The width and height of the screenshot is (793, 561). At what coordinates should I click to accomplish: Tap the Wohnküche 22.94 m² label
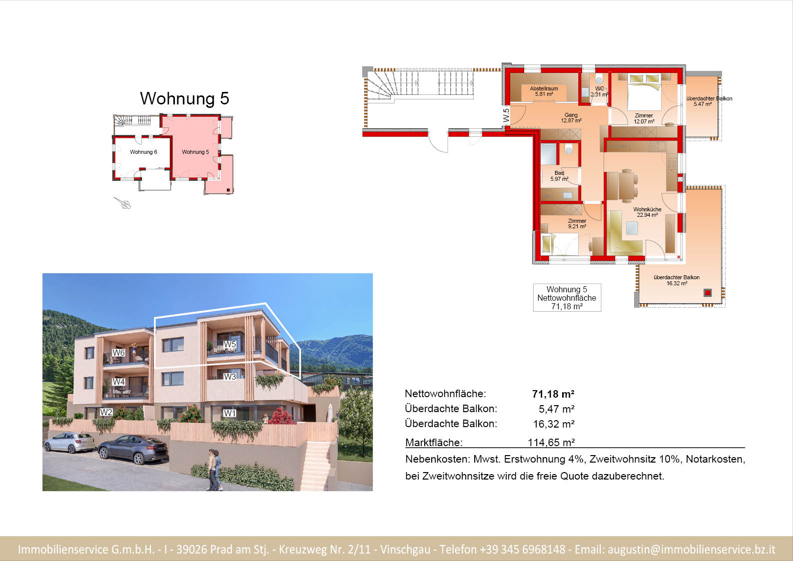pos(647,212)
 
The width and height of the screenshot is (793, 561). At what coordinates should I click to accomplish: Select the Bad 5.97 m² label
pos(559,176)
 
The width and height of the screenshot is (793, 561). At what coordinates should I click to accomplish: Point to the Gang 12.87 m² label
pos(571,117)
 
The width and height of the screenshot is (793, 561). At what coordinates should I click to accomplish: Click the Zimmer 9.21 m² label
pos(577,223)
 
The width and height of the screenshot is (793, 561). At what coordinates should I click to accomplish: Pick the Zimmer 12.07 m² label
pos(644,118)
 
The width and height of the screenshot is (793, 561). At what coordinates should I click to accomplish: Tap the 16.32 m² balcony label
pos(677,280)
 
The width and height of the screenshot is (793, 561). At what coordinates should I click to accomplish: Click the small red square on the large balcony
pos(708,293)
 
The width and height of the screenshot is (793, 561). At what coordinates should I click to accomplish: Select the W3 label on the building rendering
pos(230,377)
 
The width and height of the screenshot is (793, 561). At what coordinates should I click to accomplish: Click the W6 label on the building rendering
pos(118,353)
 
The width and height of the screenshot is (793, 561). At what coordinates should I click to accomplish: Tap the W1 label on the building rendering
pos(230,413)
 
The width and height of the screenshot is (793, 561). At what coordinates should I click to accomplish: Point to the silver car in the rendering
pos(69,443)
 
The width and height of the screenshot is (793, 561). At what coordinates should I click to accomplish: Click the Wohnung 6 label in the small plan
pos(143,152)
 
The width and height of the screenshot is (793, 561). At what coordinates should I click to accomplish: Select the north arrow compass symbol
pos(122,203)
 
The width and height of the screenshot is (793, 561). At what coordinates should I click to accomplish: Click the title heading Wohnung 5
pos(184,98)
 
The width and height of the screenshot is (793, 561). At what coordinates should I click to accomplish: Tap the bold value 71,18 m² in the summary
pos(553,394)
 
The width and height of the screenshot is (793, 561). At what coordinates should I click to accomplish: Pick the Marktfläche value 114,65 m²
pos(551,443)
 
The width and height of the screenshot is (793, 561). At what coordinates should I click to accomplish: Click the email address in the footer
pos(692,550)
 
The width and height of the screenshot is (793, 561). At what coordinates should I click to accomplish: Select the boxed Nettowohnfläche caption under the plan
pos(567,298)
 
